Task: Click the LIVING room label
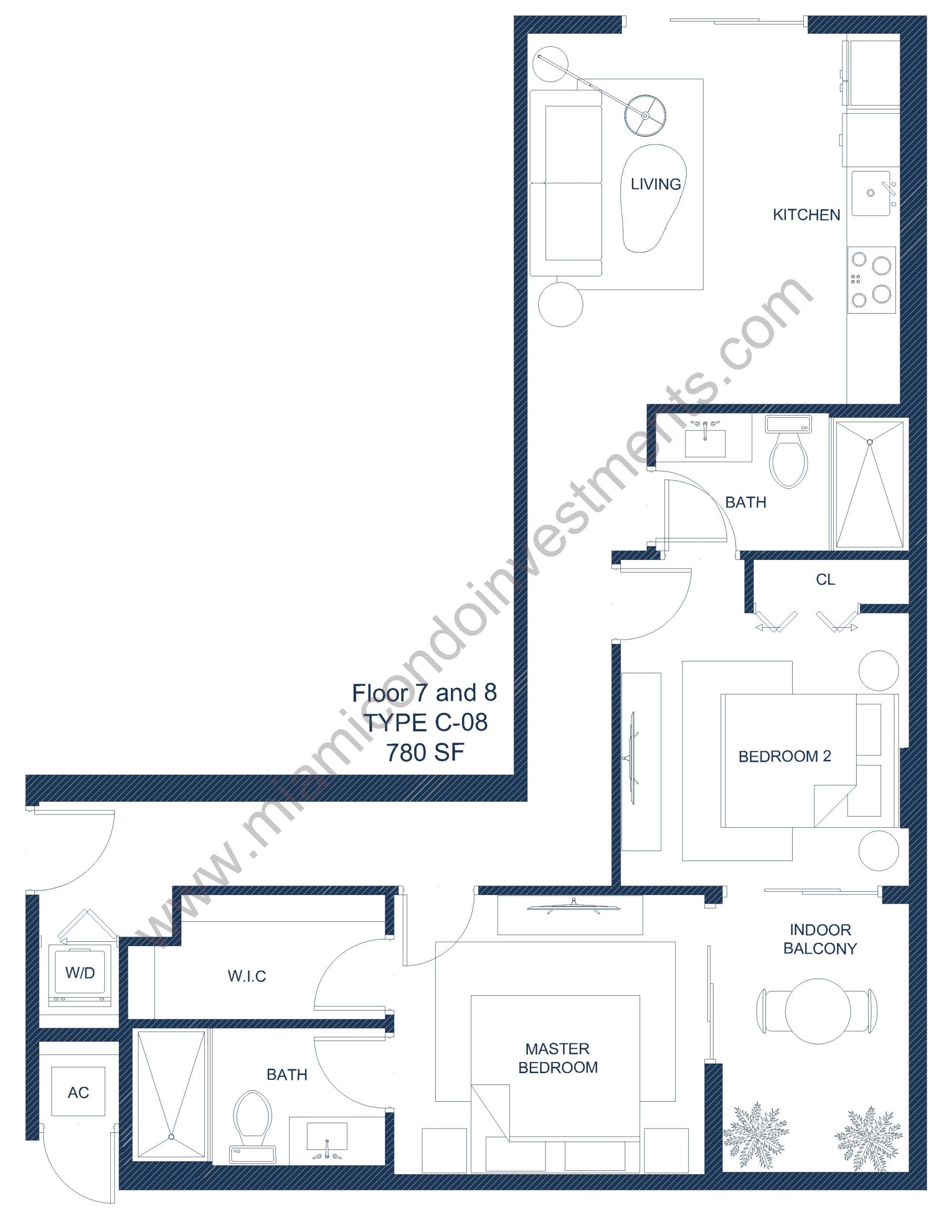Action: pyautogui.click(x=655, y=184)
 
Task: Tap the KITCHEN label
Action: pyautogui.click(x=807, y=215)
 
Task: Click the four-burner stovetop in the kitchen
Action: pyautogui.click(x=871, y=280)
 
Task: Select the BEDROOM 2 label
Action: pyautogui.click(x=785, y=757)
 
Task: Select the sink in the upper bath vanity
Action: pyautogui.click(x=705, y=442)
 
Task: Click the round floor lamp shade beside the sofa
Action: pyautogui.click(x=646, y=115)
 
